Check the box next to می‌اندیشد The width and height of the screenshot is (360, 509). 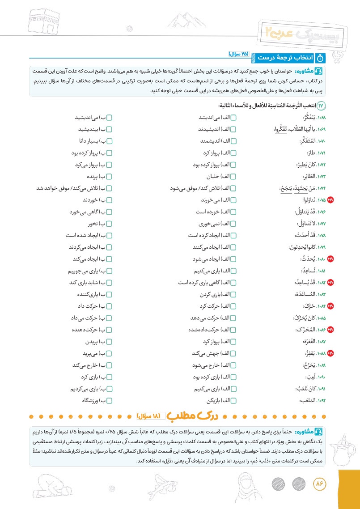pyautogui.click(x=233, y=118)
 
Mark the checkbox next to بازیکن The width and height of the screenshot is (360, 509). pyautogui.click(x=233, y=400)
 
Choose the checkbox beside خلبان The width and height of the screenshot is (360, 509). pyautogui.click(x=233, y=176)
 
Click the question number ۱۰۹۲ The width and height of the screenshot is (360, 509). pyautogui.click(x=317, y=400)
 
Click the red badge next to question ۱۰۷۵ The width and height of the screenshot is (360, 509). pyautogui.click(x=330, y=200)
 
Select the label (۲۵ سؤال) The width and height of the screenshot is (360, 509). pyautogui.click(x=238, y=54)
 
